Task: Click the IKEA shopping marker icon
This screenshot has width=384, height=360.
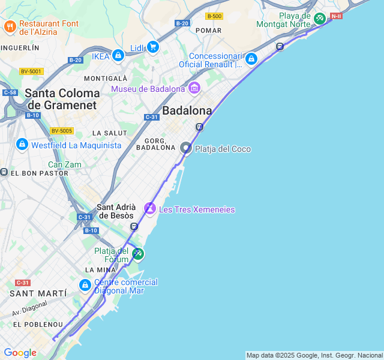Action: (118, 56)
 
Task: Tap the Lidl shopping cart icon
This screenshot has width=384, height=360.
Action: (153, 47)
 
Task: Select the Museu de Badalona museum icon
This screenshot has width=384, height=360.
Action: (194, 89)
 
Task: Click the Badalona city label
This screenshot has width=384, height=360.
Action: (188, 111)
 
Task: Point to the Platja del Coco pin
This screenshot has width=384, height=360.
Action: (187, 148)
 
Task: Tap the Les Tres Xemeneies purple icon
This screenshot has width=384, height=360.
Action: (150, 209)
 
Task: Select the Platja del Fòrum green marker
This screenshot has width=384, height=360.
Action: (138, 254)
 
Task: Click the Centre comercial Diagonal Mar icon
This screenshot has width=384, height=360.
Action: (85, 285)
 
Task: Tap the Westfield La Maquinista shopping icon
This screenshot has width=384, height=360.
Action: (22, 145)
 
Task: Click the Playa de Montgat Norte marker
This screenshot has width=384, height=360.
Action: (320, 19)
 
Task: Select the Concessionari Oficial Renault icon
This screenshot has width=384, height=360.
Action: (251, 59)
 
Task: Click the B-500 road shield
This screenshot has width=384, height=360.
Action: (214, 16)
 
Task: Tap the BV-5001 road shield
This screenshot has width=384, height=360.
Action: (31, 71)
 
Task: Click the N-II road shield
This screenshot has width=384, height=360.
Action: (336, 16)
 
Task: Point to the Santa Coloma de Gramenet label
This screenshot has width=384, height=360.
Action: (62, 99)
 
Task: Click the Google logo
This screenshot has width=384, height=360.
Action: (20, 353)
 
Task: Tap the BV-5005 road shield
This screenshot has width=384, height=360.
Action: (62, 131)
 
